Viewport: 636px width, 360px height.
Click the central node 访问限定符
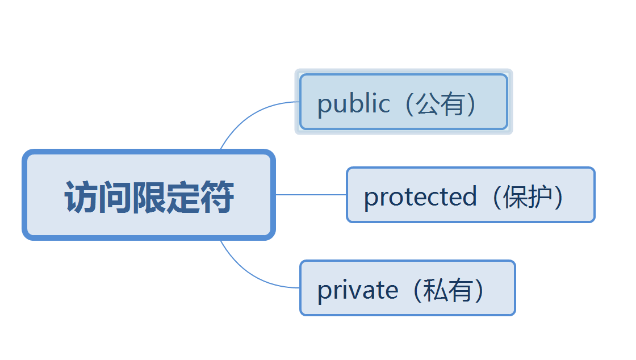(x=149, y=195)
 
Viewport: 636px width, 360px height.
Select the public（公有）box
(x=403, y=102)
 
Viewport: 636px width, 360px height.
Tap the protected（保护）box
(x=470, y=195)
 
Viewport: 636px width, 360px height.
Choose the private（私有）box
(x=407, y=288)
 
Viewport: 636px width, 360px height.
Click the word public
(x=353, y=104)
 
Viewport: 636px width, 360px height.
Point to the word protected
(x=420, y=197)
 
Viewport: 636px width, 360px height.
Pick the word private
(x=357, y=290)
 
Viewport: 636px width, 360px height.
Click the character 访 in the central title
(x=81, y=198)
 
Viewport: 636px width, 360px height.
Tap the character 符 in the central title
(x=217, y=198)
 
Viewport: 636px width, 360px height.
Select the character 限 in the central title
(x=149, y=198)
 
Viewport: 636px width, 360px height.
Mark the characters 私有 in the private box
(x=448, y=290)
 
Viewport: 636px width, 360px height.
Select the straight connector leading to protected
(x=311, y=194)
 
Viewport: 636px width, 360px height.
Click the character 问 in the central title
(x=115, y=198)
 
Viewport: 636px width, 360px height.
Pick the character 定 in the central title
(x=183, y=198)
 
